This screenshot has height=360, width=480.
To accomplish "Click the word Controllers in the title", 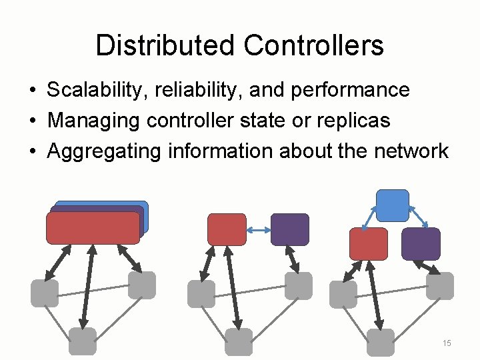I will [313, 45].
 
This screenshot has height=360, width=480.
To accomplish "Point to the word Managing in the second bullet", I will [94, 121].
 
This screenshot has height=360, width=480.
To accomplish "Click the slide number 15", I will [447, 343].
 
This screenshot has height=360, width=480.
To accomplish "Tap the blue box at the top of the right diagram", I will [393, 205].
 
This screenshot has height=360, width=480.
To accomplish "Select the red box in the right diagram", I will [369, 243].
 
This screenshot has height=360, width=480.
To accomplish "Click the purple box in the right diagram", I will [421, 243].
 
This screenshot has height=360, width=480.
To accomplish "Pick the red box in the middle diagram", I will [227, 229].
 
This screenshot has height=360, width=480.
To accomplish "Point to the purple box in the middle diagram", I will [290, 229].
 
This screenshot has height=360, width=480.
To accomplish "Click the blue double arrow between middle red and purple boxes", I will [258, 230].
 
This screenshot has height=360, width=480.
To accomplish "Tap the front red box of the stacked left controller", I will [93, 228].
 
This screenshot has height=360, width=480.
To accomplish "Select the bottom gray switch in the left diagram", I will [83, 341].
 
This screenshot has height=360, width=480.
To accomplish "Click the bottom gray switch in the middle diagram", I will [239, 341].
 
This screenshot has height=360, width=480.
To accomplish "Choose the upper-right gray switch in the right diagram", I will [440, 285].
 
